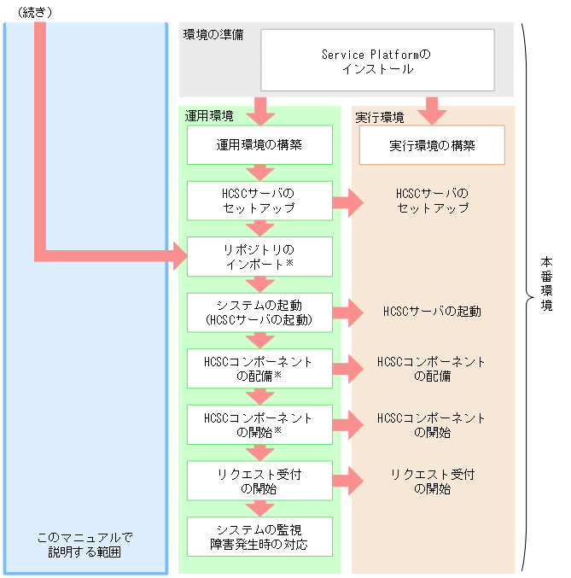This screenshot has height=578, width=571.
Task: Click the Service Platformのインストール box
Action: tap(376, 61)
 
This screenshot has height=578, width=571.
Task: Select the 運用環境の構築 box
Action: tap(259, 145)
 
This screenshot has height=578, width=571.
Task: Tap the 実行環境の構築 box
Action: tap(432, 145)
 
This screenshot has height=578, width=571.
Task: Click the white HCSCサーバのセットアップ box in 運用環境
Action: tap(259, 201)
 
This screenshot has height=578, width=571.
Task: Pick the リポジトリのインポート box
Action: tap(259, 256)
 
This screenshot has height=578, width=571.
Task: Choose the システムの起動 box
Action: tap(259, 312)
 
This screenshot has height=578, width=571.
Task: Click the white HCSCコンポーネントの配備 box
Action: tap(259, 368)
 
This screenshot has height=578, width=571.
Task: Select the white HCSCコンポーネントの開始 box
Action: tap(259, 424)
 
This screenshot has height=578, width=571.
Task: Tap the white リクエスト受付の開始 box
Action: tap(259, 481)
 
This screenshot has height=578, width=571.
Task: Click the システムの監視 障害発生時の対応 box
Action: tap(259, 536)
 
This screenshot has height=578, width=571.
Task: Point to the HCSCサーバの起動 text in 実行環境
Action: tap(432, 312)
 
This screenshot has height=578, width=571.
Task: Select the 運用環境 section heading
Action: tap(209, 116)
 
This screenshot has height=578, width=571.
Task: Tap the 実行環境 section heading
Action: tap(380, 116)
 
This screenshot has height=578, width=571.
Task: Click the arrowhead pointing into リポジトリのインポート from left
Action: tap(179, 255)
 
